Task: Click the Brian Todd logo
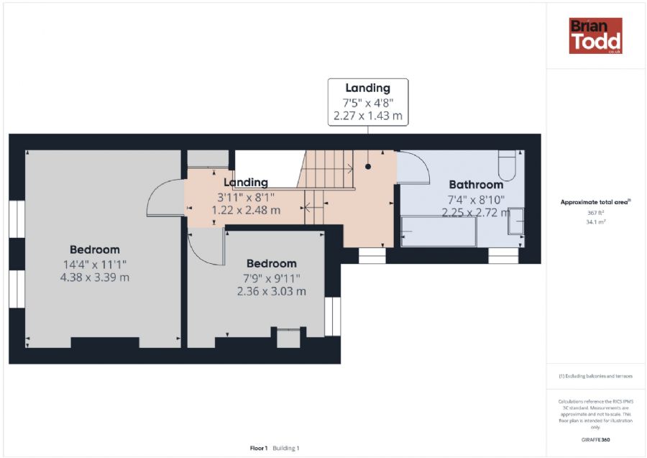595,36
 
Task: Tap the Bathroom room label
476,185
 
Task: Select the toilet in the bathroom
507,165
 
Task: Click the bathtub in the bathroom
439,232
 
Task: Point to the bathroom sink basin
515,221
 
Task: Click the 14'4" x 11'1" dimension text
94,264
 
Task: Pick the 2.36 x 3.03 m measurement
272,291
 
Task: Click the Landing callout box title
367,88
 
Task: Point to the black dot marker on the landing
367,167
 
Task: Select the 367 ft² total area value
595,213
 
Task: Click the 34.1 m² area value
595,222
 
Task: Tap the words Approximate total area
595,202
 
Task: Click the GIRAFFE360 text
595,440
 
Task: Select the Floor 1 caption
259,448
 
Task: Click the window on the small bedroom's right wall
333,316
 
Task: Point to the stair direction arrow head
351,168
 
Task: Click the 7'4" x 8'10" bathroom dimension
476,200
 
